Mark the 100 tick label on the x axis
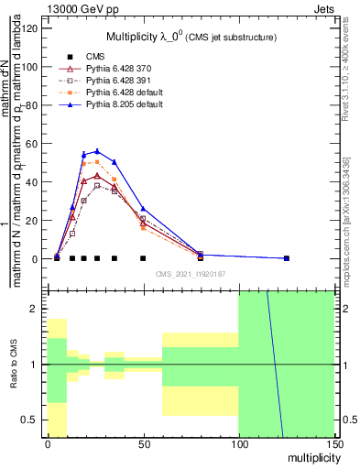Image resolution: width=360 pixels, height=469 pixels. click(238, 443)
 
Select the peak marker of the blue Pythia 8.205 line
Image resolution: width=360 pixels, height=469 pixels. click(97, 151)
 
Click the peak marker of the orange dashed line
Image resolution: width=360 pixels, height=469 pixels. click(97, 161)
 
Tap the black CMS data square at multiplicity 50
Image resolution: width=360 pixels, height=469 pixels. click(143, 258)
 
